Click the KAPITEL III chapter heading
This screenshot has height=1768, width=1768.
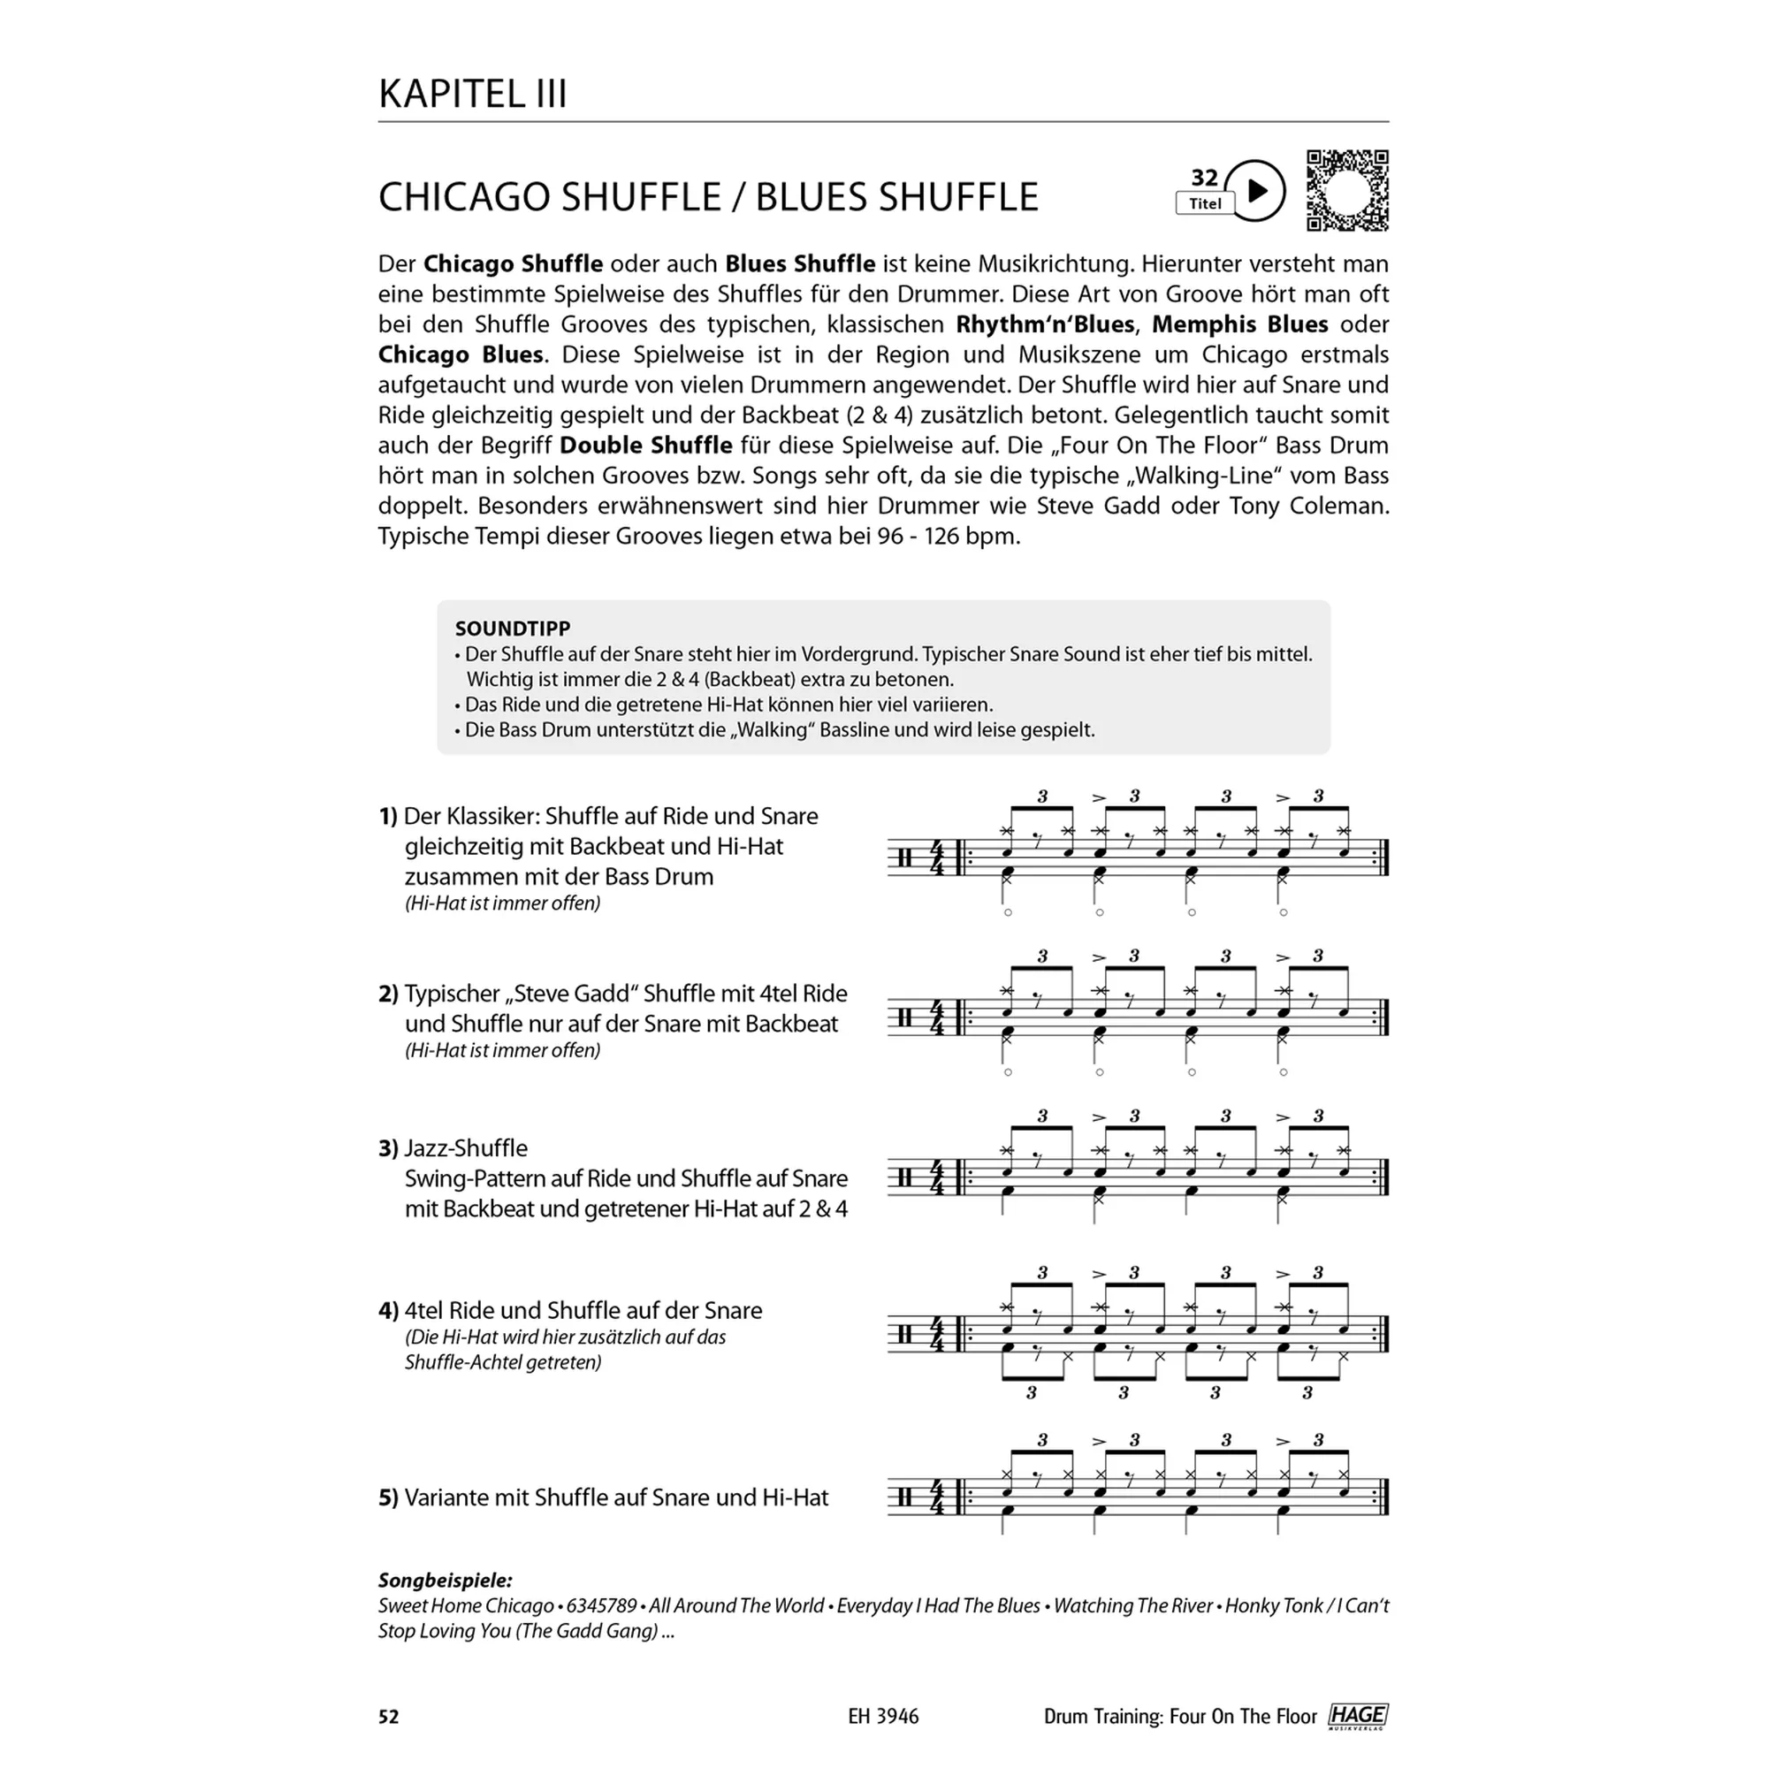[472, 95]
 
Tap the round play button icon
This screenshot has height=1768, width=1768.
[1255, 190]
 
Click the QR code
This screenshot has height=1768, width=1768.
[1347, 190]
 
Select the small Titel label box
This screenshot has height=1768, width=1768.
[1204, 204]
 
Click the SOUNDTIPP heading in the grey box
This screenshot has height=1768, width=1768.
[513, 629]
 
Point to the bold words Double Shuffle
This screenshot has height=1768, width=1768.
[646, 446]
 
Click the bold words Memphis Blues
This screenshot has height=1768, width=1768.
[1240, 324]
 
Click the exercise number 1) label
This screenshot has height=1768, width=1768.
[388, 816]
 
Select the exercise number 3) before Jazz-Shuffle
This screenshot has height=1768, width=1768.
[388, 1148]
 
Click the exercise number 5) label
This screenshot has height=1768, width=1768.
[388, 1498]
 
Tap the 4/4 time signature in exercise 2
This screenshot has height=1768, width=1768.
[936, 1017]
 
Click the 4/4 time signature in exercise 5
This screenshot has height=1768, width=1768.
[936, 1498]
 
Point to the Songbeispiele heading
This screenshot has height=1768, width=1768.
[445, 1581]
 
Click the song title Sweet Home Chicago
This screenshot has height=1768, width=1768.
[466, 1606]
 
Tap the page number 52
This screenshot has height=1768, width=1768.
[389, 1717]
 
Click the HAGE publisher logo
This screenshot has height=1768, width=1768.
[1358, 1716]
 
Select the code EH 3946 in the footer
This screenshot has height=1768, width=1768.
[883, 1717]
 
